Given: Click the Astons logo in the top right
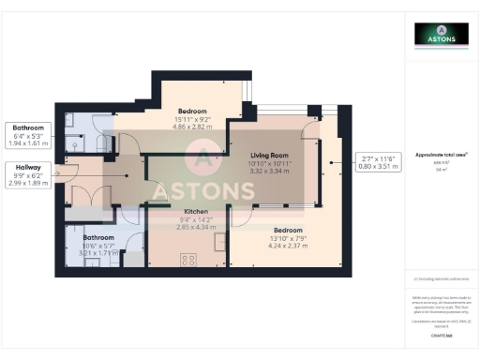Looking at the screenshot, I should point(442,35).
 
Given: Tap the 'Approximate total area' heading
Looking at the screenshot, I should point(442,155).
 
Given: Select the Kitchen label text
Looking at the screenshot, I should point(196,212).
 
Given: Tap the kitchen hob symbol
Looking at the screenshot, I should point(185,257).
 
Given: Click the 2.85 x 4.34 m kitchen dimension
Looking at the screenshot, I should point(196,227).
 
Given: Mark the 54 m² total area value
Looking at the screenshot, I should point(442,168).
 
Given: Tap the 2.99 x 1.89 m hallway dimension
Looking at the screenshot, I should point(27,184).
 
